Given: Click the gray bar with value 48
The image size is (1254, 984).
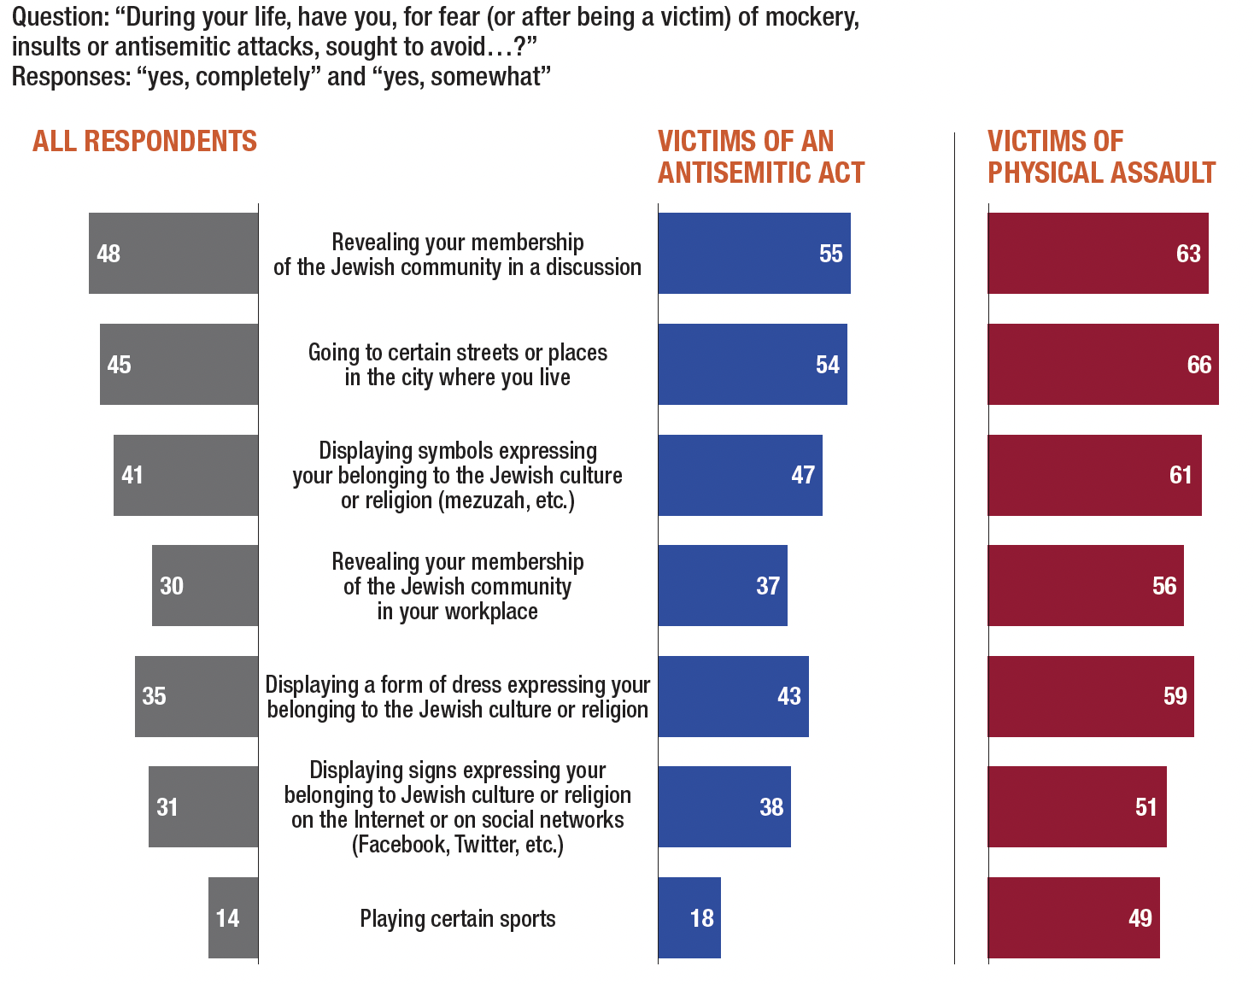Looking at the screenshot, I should pos(173,253).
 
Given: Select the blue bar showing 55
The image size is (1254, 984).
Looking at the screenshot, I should pos(754,253).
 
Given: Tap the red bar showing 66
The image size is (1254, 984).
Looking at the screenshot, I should pos(1103,364).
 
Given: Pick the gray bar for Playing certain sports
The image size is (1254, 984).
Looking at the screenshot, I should pos(233,917).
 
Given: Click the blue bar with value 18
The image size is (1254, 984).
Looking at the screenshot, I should pos(689,917).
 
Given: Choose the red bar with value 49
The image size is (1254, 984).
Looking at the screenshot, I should pos(1074,917).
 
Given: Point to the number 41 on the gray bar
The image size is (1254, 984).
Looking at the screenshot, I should pos(132,475).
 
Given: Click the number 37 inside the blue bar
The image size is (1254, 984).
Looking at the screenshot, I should pos(768,586).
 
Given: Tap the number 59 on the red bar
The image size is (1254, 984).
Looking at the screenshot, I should pos(1175,696).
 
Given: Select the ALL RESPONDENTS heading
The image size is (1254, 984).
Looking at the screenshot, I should pos(144,141).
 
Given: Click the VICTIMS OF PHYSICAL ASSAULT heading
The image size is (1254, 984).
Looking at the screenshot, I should pos(1101,157).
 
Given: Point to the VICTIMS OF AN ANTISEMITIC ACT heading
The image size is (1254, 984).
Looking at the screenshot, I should pos(761,157).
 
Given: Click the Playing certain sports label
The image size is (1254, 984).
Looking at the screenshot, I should pos(458,919).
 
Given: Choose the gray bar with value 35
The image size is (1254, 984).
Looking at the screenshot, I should pos(196,696).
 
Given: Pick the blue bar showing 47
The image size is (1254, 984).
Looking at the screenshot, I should pos(740,475).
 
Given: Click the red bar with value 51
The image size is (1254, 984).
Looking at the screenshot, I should pos(1077,806).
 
